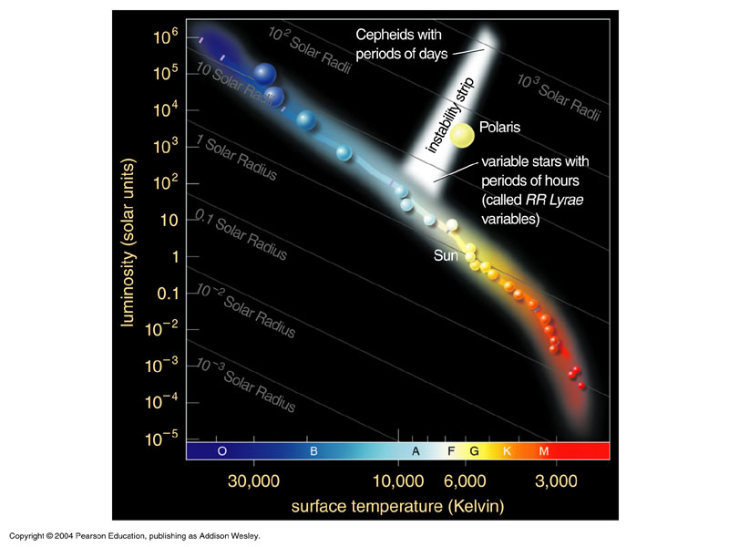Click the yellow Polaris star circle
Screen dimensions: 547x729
click(462, 136)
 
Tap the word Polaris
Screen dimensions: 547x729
click(499, 128)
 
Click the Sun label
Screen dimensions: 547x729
click(446, 256)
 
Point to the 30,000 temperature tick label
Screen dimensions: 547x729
click(252, 480)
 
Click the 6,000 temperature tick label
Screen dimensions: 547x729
click(463, 480)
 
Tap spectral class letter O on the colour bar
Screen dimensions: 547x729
click(221, 451)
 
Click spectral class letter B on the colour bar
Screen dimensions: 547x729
click(313, 451)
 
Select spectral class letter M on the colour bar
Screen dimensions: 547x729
click(544, 451)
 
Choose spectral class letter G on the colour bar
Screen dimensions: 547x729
click(474, 451)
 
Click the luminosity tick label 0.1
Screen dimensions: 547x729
click(169, 293)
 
